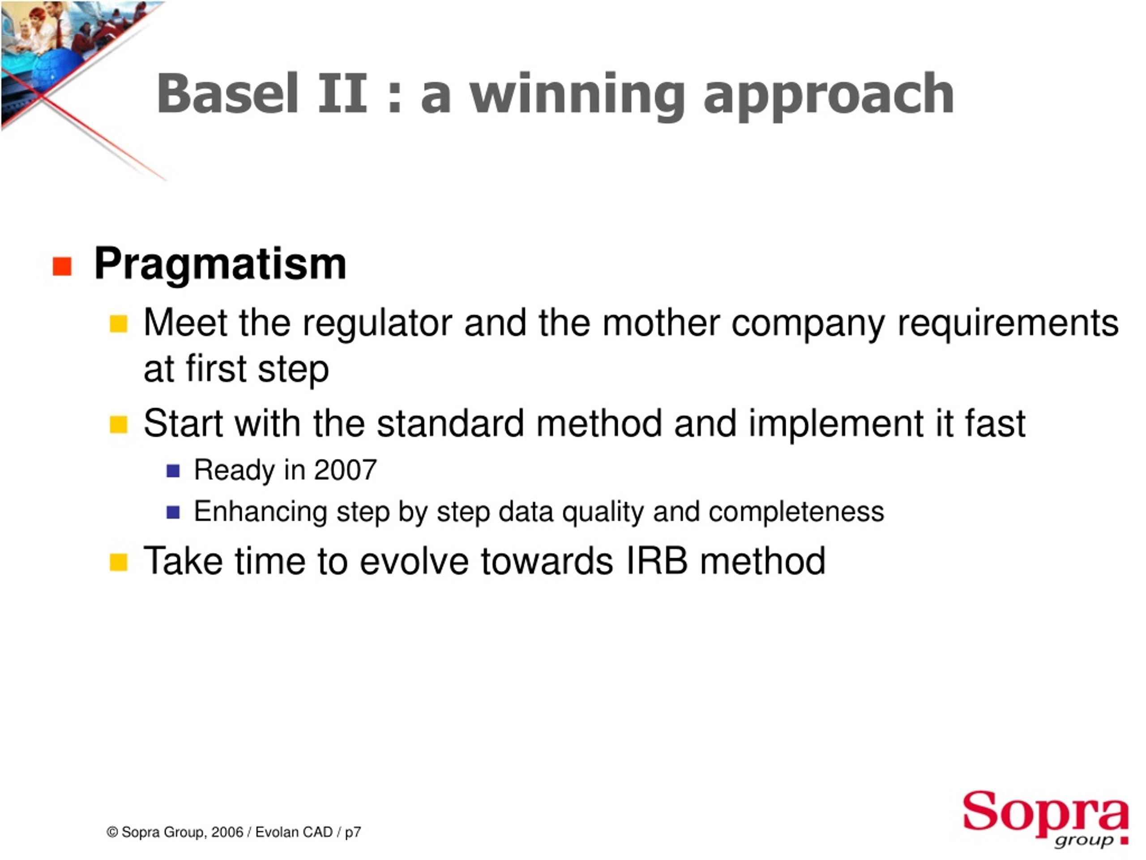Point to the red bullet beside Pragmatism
pos(62,267)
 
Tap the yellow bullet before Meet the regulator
pos(119,324)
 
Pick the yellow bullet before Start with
pos(119,425)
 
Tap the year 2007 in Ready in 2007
pos(345,470)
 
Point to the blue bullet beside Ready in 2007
pos(173,471)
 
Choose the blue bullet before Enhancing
pos(173,512)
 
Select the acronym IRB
pos(657,561)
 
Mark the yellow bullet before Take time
pos(119,562)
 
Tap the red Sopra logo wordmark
pos(1045,811)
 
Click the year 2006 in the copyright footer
pos(227,832)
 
